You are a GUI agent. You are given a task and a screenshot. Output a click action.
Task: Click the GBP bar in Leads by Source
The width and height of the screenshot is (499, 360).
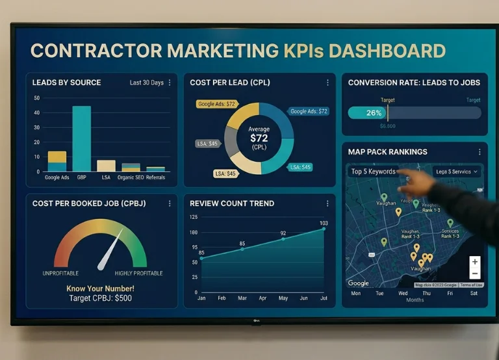pos(81,138)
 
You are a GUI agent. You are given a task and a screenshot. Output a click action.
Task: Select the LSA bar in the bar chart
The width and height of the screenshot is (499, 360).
pos(106,166)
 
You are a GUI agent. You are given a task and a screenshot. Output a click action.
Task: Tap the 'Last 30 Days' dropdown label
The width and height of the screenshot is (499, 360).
pos(146,83)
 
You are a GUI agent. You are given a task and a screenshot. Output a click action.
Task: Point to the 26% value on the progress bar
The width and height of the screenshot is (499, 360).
pos(374,112)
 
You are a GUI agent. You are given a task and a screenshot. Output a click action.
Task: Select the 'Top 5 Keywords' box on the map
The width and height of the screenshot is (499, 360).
pos(373,172)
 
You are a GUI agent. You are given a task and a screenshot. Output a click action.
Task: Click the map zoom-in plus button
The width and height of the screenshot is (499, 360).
pos(475,262)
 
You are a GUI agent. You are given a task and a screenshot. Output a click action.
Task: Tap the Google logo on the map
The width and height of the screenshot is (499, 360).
pos(359,283)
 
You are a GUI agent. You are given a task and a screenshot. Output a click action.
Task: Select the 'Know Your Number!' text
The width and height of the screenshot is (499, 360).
pos(100,288)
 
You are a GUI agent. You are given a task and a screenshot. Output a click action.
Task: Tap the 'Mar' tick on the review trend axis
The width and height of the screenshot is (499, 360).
pos(242,298)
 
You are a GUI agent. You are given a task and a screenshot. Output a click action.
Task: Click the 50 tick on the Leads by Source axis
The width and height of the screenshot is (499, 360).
pos(37,98)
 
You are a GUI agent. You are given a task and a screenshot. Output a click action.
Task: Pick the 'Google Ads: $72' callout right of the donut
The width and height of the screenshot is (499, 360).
pos(309,111)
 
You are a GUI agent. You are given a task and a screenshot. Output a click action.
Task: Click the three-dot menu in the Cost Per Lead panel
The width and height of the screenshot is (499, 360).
pos(327,83)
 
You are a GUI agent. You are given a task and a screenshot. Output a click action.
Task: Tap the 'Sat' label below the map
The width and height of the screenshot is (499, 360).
pos(474,293)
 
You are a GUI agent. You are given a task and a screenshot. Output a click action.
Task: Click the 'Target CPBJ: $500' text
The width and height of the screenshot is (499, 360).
pos(100,298)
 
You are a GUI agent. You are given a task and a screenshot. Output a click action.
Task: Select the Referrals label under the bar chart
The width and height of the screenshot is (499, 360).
pos(155,177)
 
